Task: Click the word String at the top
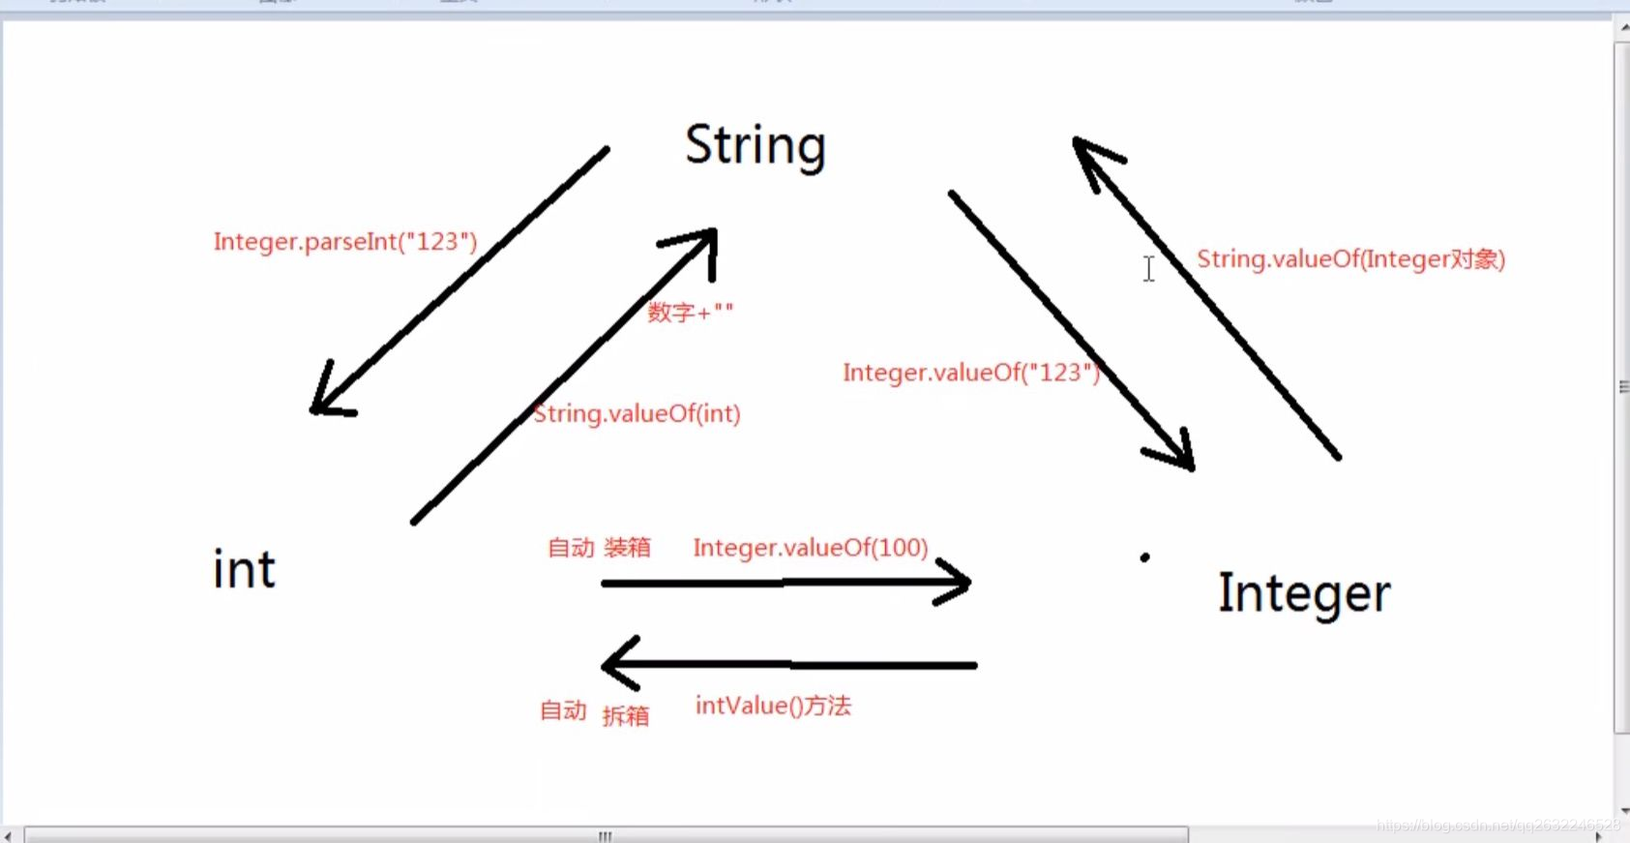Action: [755, 146]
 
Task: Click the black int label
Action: [244, 568]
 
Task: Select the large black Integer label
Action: [1303, 593]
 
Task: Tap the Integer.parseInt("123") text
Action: [345, 241]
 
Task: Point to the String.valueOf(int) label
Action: [637, 414]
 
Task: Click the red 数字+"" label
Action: [690, 312]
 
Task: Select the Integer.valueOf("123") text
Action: [971, 373]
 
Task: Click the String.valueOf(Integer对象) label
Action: [1350, 259]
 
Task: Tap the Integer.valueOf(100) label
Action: [810, 548]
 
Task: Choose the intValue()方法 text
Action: [773, 706]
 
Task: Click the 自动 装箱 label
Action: [599, 548]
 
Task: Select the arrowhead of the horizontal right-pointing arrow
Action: [961, 583]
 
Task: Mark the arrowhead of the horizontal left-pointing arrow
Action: [615, 664]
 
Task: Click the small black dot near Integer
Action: [1144, 557]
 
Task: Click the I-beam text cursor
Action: [1148, 269]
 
